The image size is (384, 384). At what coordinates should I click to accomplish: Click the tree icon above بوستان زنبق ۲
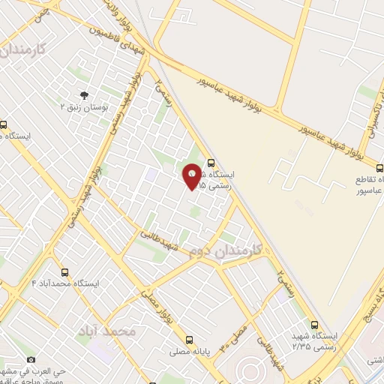[x=83, y=95]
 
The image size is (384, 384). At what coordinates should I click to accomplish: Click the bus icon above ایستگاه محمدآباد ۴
[x=65, y=272]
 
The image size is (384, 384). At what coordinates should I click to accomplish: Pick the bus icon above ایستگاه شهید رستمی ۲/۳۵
[x=314, y=325]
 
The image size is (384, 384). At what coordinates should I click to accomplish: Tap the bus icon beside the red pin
[x=211, y=162]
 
